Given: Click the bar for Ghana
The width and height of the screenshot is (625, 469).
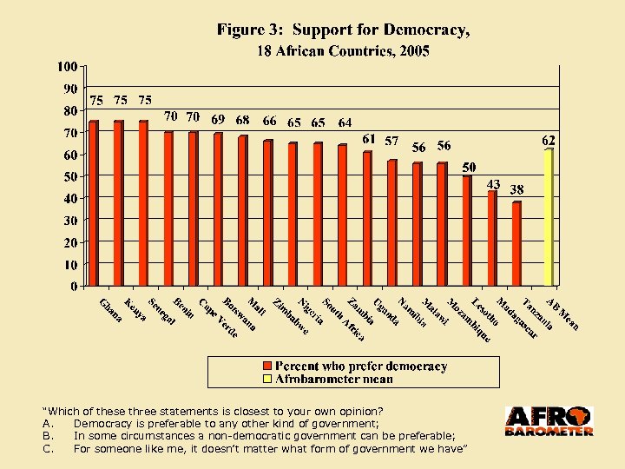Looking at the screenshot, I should pyautogui.click(x=94, y=203).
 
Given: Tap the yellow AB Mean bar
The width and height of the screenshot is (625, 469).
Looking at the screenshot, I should pyautogui.click(x=548, y=217).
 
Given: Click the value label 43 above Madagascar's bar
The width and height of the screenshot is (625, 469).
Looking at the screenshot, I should pyautogui.click(x=492, y=184).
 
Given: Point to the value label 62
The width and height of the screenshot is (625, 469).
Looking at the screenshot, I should pyautogui.click(x=549, y=140).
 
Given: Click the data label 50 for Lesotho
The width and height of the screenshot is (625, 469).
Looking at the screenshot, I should pyautogui.click(x=469, y=167).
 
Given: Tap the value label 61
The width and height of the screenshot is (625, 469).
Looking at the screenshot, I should pyautogui.click(x=369, y=139).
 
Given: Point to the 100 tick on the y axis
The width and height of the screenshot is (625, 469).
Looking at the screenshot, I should pyautogui.click(x=67, y=66).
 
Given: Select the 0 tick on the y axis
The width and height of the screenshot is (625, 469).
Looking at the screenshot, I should pyautogui.click(x=73, y=286).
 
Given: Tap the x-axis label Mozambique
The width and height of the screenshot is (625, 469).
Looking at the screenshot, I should pyautogui.click(x=470, y=320).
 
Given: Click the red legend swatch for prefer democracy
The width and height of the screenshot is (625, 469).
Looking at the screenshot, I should pyautogui.click(x=268, y=367).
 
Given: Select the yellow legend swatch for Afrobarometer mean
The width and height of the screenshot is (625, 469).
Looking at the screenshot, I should pyautogui.click(x=268, y=379).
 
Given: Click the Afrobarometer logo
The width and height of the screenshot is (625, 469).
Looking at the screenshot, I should pyautogui.click(x=549, y=421).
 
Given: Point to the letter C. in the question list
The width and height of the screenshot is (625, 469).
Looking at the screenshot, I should pyautogui.click(x=49, y=449).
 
